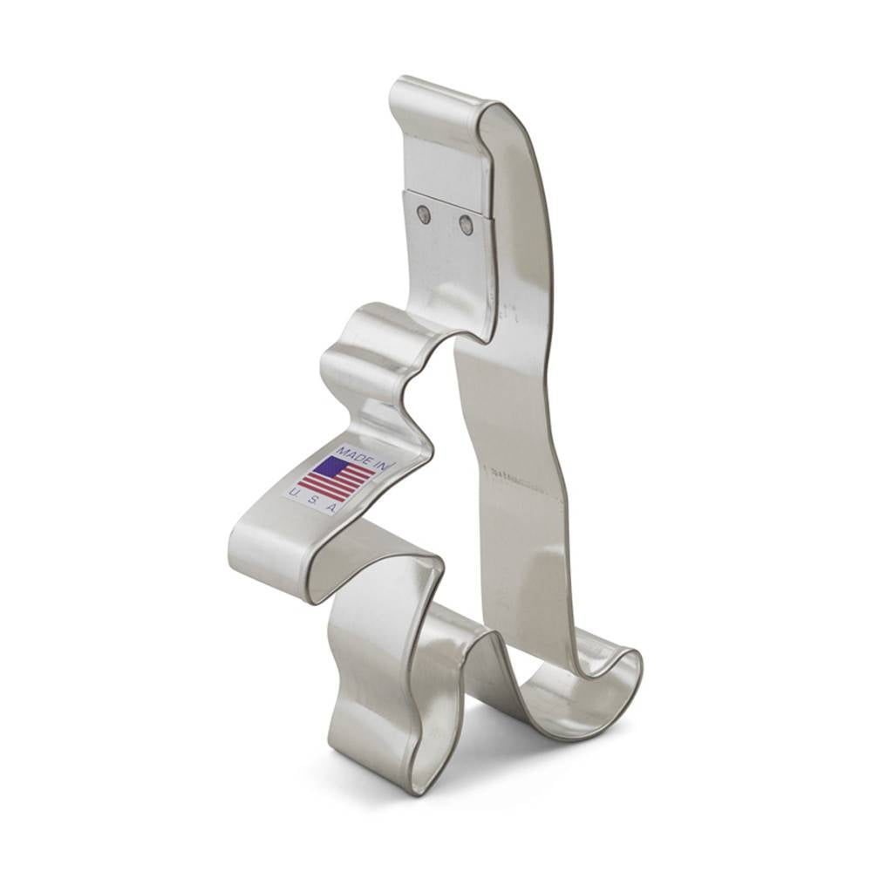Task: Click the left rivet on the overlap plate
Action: pos(424,212)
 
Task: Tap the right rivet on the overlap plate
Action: pos(466,224)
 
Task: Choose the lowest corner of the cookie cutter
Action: pos(417,789)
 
